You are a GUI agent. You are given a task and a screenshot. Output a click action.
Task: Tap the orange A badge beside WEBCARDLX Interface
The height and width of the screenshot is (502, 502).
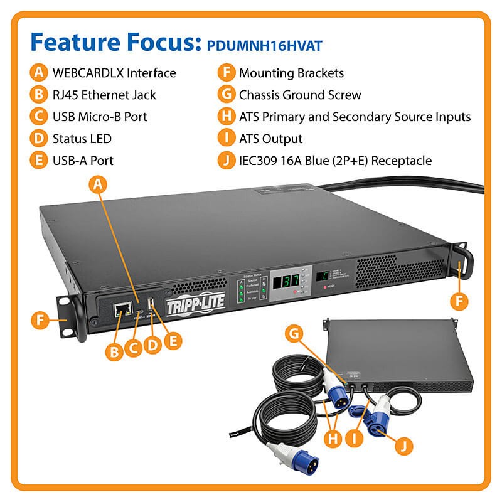(x=39, y=73)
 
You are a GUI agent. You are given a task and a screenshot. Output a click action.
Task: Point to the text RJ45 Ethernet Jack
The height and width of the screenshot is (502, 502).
(x=104, y=95)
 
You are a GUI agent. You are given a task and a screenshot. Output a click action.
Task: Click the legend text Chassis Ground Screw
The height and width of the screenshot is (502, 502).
(x=300, y=95)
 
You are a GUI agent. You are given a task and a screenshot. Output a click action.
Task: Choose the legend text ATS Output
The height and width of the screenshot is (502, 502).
(x=270, y=138)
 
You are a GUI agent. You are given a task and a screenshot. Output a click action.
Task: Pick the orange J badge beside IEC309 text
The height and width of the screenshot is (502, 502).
(x=227, y=160)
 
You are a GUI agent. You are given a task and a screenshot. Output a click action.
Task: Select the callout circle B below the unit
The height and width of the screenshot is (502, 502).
(x=114, y=351)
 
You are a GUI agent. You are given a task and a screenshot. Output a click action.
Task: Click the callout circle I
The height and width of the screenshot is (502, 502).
(x=355, y=435)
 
